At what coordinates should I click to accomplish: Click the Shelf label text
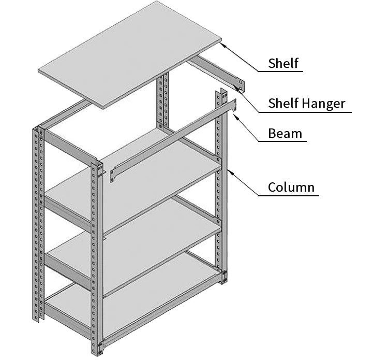click(x=283, y=63)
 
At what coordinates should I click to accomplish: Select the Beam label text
click(x=285, y=133)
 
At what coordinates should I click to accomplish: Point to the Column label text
click(x=291, y=187)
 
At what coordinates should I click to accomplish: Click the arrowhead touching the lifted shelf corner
click(x=222, y=45)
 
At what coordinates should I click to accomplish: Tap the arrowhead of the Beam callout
click(x=236, y=117)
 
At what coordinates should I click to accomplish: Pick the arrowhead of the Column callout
click(x=231, y=172)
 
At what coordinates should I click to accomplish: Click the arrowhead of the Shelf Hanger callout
click(x=239, y=89)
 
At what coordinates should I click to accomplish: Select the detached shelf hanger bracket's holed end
click(x=240, y=85)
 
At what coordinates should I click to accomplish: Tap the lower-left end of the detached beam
click(x=113, y=175)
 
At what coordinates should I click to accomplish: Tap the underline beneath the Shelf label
click(x=281, y=71)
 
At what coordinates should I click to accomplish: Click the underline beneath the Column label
click(x=289, y=196)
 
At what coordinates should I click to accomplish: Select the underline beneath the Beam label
click(x=282, y=141)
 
